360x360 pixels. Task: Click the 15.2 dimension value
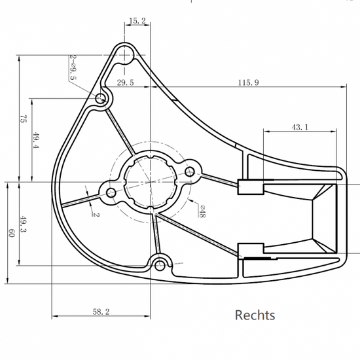137,21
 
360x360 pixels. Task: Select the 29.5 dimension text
126,82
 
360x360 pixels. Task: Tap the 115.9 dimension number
249,82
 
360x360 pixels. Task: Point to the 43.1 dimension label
300,127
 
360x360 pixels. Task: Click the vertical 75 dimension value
23,118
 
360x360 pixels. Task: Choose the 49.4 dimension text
36,140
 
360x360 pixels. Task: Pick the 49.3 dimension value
23,224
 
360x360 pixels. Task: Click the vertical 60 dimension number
12,233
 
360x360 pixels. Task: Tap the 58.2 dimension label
101,312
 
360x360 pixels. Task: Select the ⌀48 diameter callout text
202,211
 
